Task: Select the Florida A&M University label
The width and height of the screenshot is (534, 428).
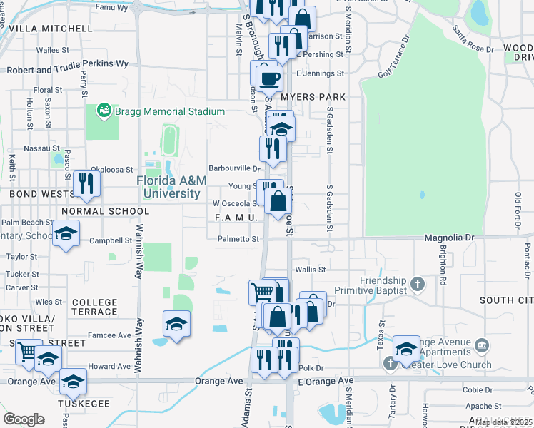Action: (168, 187)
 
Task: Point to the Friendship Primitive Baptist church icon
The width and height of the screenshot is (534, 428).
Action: (418, 286)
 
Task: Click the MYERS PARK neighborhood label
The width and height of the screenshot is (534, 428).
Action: (313, 97)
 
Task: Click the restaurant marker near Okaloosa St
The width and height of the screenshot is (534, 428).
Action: (87, 183)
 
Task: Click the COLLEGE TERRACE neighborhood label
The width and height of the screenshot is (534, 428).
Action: (94, 307)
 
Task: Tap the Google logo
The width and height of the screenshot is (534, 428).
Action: (24, 419)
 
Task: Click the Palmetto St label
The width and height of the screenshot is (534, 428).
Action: (238, 240)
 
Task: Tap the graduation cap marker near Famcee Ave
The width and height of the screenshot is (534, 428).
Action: (176, 325)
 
